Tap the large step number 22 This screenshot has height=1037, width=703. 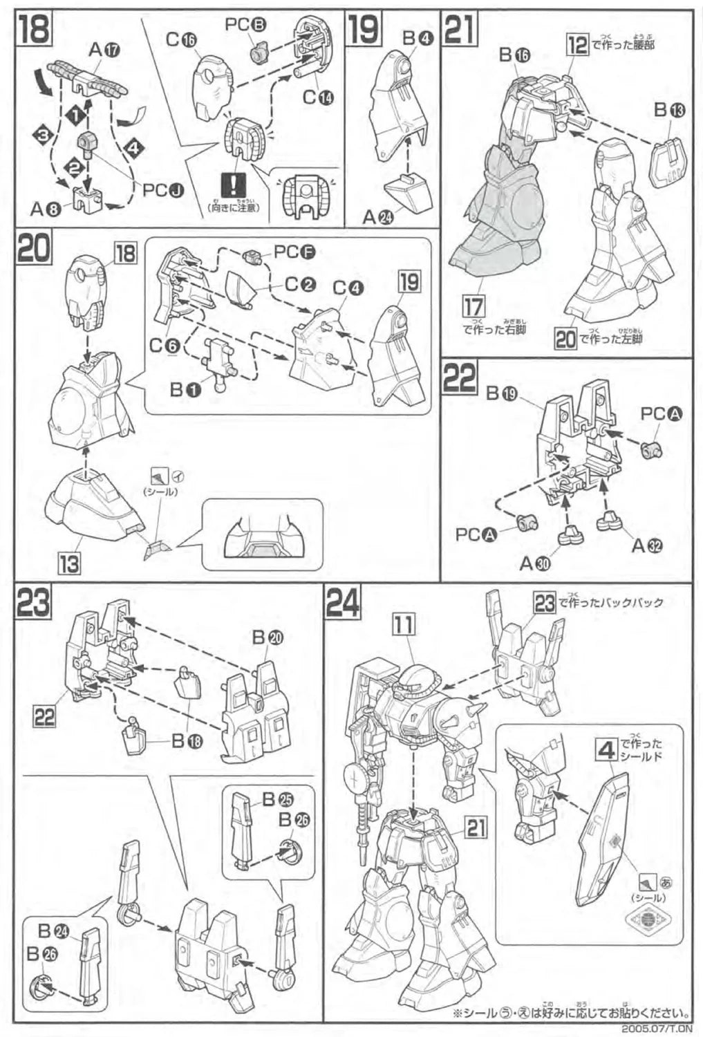pyautogui.click(x=460, y=379)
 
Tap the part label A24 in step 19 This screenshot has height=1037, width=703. pyautogui.click(x=377, y=217)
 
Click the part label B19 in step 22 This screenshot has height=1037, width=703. pyautogui.click(x=502, y=393)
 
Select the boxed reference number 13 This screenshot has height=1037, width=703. pyautogui.click(x=69, y=563)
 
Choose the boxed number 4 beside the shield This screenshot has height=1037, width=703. pyautogui.click(x=605, y=749)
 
